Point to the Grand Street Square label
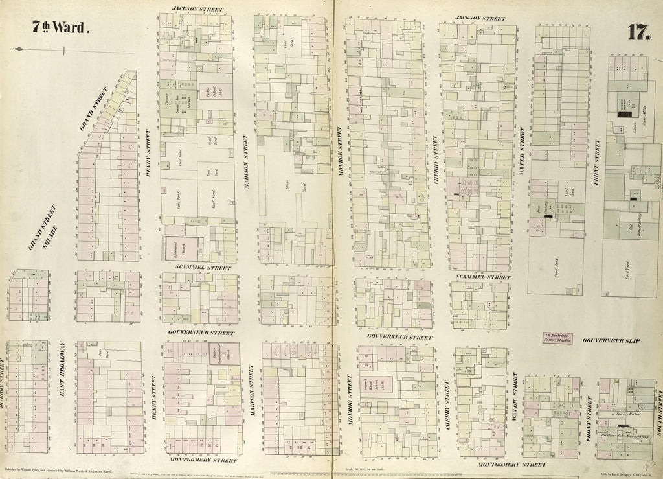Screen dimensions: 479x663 click(x=43, y=228)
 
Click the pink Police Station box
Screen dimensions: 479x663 click(x=557, y=338)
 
